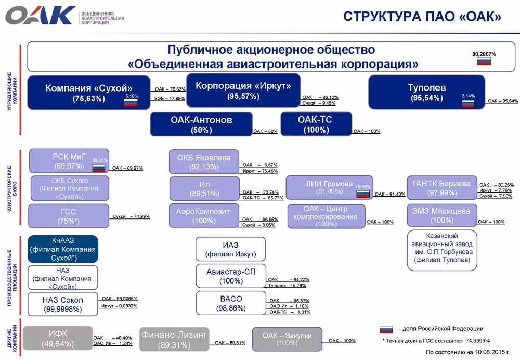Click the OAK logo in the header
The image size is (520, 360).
tap(40, 15)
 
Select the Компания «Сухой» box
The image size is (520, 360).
tap(89, 93)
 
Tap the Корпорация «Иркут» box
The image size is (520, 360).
tap(243, 91)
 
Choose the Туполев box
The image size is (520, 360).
tap(426, 92)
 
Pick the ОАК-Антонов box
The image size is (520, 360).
tap(201, 124)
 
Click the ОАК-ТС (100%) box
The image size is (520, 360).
tap(316, 124)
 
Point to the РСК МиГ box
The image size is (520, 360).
tap(69, 161)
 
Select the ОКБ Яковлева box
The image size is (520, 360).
tap(204, 162)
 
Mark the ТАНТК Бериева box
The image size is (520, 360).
tap(441, 187)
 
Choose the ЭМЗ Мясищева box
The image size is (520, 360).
tap(441, 215)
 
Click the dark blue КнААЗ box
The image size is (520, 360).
tap(63, 249)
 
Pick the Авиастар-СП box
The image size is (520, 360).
tap(231, 276)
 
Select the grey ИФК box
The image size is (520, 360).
tap(58, 338)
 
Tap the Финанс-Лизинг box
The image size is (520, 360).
tap(174, 338)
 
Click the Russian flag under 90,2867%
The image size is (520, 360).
tap(484, 61)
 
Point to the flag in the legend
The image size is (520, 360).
tap(386, 329)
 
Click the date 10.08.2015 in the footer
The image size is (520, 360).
tap(490, 352)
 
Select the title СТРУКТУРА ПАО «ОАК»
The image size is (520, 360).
tap(422, 17)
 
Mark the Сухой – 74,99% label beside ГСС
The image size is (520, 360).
tap(131, 216)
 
